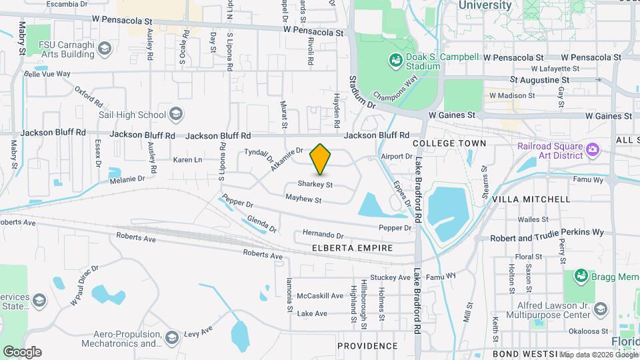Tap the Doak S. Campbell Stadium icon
click(395, 61)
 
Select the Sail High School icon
click(175, 115)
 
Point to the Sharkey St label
click(315, 184)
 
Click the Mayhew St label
click(303, 199)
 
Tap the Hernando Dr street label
click(323, 235)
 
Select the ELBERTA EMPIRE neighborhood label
click(352, 248)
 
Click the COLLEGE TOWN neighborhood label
click(449, 143)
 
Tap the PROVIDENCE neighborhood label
click(367, 346)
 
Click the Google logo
click(22, 351)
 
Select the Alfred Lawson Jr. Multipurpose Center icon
click(601, 309)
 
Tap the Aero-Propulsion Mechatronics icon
click(173, 337)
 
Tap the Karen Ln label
click(187, 160)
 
